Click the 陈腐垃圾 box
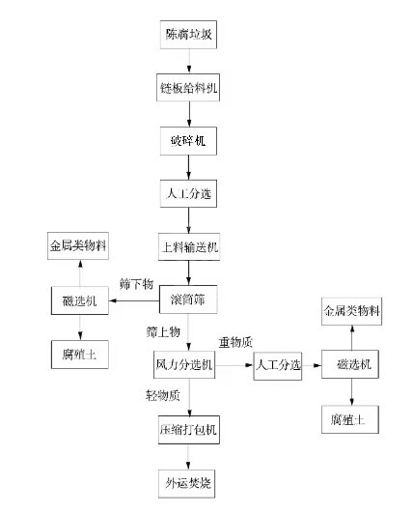tap(189, 36)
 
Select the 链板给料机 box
tap(189, 88)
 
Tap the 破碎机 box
tap(189, 140)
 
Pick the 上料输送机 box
tap(189, 245)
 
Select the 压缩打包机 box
tap(189, 426)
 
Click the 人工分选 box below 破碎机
tap(189, 192)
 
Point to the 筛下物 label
tap(136, 286)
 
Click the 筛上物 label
tap(161, 331)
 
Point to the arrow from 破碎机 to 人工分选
tap(189, 166)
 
